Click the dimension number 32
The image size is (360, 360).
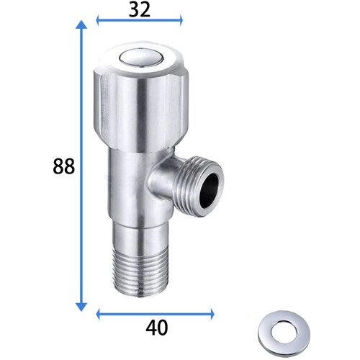tap(140, 10)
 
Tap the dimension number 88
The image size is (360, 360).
tap(64, 166)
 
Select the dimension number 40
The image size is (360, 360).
tap(157, 328)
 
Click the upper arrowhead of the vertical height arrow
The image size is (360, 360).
tap(81, 24)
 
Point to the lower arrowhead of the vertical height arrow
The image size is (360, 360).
tap(81, 307)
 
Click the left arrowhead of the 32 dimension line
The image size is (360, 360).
tap(98, 20)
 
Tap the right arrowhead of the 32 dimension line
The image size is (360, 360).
tap(181, 20)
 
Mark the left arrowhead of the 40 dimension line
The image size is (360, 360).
tap(98, 314)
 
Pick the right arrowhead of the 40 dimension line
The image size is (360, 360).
tap(212, 314)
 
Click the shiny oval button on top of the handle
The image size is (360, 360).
tap(142, 58)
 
